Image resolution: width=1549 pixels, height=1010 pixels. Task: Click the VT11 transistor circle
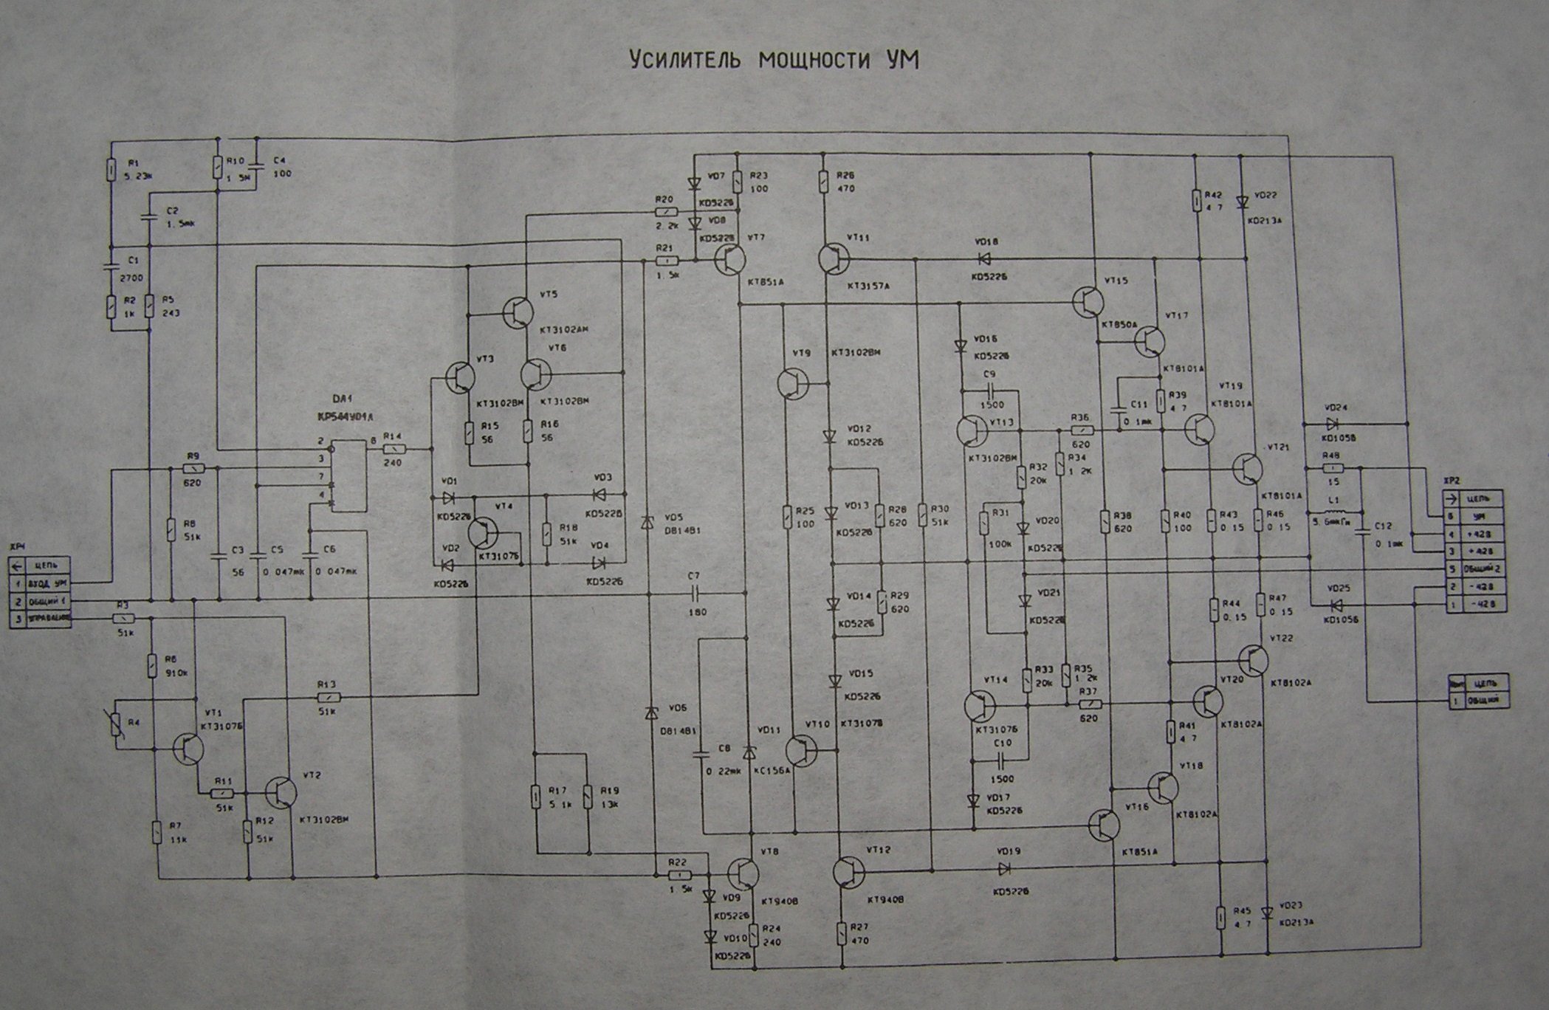click(834, 259)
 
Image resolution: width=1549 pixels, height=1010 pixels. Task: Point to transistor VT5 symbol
click(518, 313)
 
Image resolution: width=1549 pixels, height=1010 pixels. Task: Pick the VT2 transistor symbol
click(281, 791)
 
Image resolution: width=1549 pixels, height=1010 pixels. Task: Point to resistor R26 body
click(824, 180)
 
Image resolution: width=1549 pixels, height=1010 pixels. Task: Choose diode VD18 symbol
click(983, 259)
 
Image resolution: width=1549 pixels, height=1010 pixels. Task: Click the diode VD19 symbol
click(1003, 868)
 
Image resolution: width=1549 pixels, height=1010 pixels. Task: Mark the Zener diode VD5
click(647, 522)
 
